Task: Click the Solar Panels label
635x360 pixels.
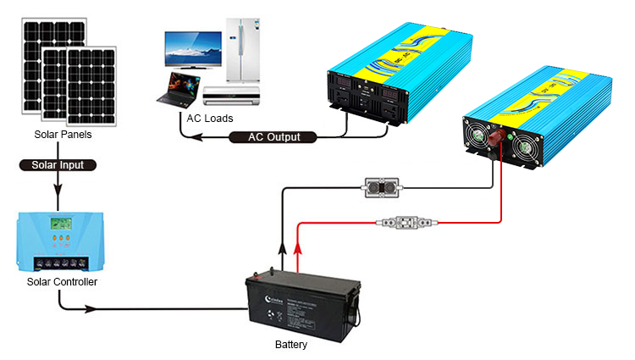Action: point(63,135)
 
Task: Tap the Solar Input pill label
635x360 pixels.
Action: point(58,165)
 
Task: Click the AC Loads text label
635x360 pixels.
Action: point(211,118)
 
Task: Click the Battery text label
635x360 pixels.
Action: point(291,345)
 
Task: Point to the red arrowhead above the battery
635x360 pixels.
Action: point(297,247)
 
